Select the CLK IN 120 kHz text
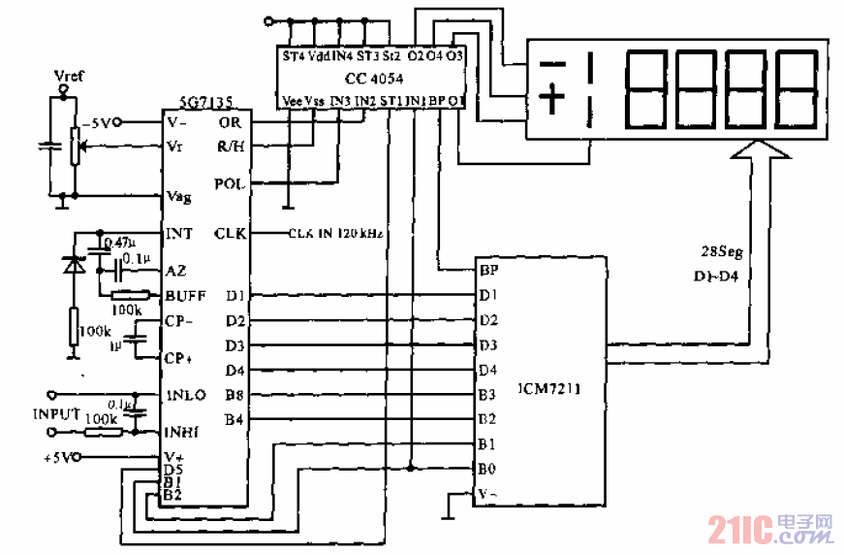[x=335, y=235]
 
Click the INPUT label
[x=57, y=413]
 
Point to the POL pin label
[x=229, y=183]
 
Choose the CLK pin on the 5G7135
[x=231, y=234]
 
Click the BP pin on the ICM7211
[x=488, y=271]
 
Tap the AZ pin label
[x=175, y=271]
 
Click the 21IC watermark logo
[x=770, y=529]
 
